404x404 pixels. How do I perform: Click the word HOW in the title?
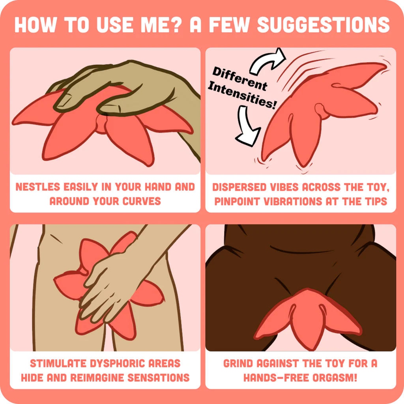click(x=36, y=25)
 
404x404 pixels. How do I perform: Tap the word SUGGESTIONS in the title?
click(x=324, y=25)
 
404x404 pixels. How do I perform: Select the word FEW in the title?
click(x=229, y=25)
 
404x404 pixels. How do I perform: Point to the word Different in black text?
click(x=240, y=79)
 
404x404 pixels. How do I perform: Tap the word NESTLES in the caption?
click(x=38, y=187)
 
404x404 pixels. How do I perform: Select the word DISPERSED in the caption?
click(x=239, y=187)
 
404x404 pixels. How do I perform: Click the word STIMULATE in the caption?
click(x=58, y=363)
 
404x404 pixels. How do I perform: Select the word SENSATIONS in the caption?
click(x=159, y=378)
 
